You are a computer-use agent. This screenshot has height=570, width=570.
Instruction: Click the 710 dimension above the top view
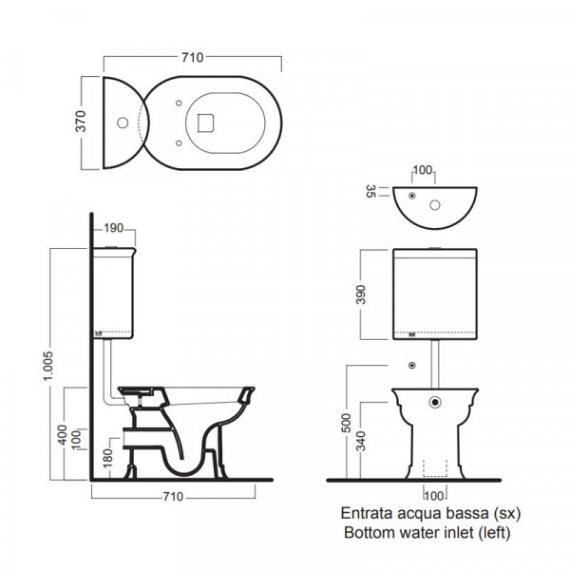point(193,57)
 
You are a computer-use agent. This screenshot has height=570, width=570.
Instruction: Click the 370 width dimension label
point(81,121)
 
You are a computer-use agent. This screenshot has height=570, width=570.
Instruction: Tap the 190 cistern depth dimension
point(114,228)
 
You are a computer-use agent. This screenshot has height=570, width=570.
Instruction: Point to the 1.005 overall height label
point(47,366)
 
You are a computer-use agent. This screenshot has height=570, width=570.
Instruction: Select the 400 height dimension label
point(63,435)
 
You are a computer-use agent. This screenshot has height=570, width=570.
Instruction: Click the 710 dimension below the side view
point(173,497)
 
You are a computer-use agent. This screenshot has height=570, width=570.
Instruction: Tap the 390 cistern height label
point(360,294)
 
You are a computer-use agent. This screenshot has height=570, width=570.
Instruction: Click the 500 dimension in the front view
point(347,423)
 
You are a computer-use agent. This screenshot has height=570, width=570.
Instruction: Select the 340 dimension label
point(361,441)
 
